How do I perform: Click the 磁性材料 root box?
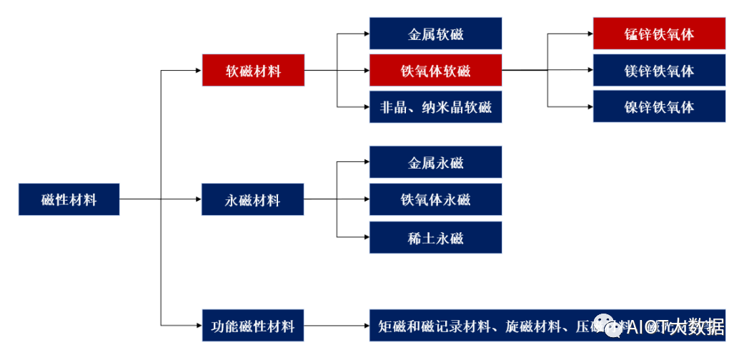click(69, 199)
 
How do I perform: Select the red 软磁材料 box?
click(253, 71)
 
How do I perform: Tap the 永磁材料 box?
click(253, 199)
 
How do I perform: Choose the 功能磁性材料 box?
click(253, 326)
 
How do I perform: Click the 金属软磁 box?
click(435, 34)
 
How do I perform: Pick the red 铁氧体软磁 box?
click(435, 71)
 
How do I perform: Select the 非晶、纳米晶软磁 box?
click(435, 108)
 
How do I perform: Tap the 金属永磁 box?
click(435, 162)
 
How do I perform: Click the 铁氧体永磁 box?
click(435, 199)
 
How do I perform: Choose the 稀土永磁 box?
click(435, 237)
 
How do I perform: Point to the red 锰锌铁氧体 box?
click(659, 34)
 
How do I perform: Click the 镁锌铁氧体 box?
click(659, 71)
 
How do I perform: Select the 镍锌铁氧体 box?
click(659, 107)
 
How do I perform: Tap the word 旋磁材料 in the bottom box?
click(530, 327)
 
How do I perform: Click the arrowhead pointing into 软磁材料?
click(198, 71)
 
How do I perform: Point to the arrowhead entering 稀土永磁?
click(365, 237)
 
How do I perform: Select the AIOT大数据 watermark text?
click(675, 328)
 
